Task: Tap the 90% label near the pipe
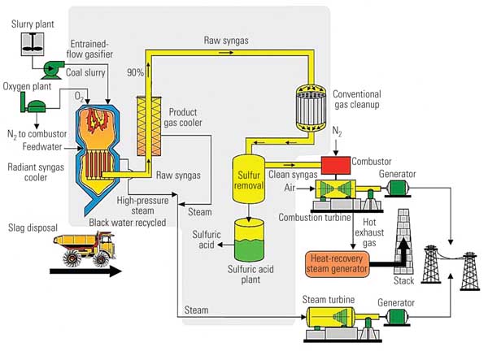[x=134, y=72]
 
